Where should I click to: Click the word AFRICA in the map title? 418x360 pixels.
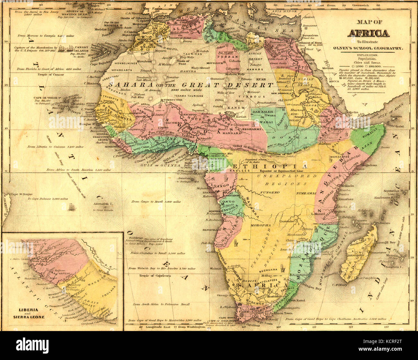tap(368, 33)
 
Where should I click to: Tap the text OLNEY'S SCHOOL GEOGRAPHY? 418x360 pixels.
tap(368, 48)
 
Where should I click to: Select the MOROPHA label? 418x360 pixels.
tap(261, 225)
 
